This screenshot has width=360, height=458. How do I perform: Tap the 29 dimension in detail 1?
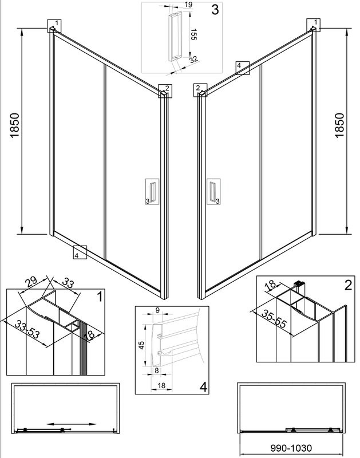33,281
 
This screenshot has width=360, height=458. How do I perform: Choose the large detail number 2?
347,285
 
